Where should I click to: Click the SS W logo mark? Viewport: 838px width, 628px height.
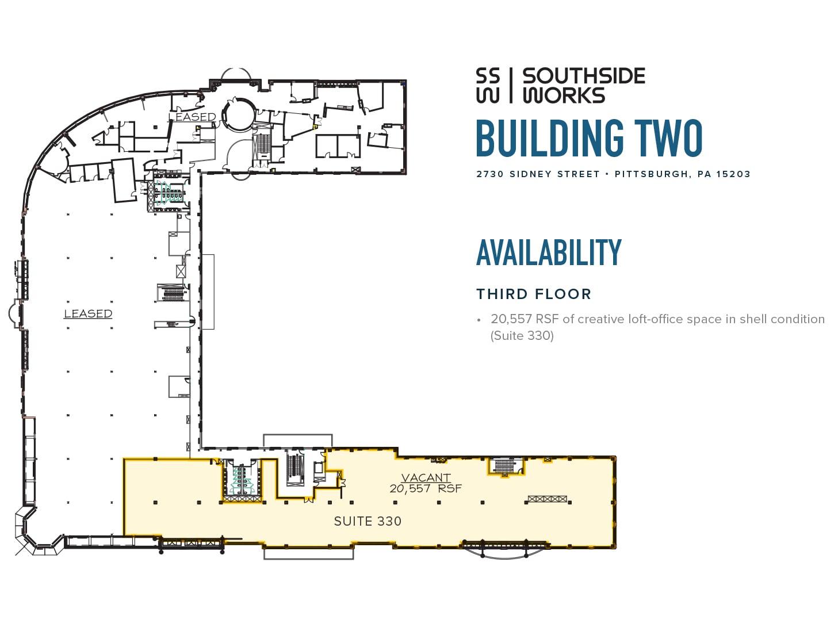click(x=488, y=86)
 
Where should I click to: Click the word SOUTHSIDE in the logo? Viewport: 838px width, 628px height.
click(x=583, y=76)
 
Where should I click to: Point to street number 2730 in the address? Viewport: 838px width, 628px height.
click(x=489, y=174)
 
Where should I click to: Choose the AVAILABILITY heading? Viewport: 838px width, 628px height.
click(x=549, y=253)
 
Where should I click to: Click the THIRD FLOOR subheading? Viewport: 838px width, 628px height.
click(x=533, y=294)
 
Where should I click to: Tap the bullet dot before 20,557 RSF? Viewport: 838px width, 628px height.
click(x=479, y=320)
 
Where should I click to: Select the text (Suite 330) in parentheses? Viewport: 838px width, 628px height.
click(x=522, y=336)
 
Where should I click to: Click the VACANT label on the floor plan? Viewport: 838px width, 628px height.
click(x=426, y=477)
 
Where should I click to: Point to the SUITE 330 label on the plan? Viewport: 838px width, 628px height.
click(x=368, y=521)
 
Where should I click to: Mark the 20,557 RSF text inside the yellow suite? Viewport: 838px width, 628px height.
click(x=426, y=489)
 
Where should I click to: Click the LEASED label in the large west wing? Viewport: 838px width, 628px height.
click(x=88, y=313)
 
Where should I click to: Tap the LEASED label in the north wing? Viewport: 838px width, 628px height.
click(x=192, y=117)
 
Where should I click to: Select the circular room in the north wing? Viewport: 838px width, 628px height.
click(x=239, y=114)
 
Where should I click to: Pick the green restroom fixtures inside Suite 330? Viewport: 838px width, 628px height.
click(x=242, y=481)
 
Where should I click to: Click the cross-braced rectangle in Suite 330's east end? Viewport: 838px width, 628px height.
click(x=547, y=499)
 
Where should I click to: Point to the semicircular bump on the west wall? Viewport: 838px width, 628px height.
click(x=14, y=313)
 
